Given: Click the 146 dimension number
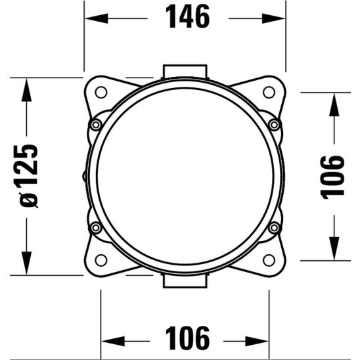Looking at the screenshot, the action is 187,16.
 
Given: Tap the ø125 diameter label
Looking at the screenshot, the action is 26,176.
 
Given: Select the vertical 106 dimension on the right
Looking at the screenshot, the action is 332,177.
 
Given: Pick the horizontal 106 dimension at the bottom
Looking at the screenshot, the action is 187,338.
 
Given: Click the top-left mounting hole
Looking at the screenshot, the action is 101,92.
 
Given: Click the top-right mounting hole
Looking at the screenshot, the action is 269,92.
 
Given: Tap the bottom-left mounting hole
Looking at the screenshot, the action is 101,260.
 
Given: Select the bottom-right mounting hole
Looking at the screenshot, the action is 269,260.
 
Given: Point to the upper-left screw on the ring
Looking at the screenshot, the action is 96,125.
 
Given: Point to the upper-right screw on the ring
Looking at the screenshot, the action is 274,125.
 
